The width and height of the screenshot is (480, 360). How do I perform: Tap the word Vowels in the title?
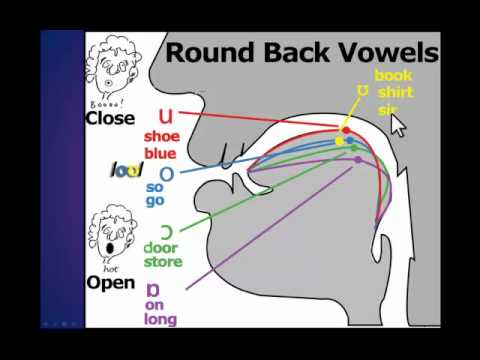coord(388,52)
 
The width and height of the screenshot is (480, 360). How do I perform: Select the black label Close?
coord(110,118)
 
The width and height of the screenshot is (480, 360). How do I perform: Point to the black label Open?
coord(110,282)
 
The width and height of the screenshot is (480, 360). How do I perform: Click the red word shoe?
coord(162,137)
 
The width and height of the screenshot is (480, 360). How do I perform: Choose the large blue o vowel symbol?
coord(166,174)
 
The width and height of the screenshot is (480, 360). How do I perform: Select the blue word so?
coord(155,187)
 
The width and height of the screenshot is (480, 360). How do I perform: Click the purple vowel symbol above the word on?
coord(152,291)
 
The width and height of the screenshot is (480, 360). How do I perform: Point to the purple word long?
coord(160,320)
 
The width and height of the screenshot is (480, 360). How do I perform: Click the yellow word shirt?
coord(393,92)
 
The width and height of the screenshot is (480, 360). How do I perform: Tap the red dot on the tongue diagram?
coord(346,130)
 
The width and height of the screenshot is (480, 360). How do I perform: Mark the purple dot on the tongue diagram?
coord(357,160)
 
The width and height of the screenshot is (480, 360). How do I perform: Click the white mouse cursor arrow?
coord(399,126)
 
